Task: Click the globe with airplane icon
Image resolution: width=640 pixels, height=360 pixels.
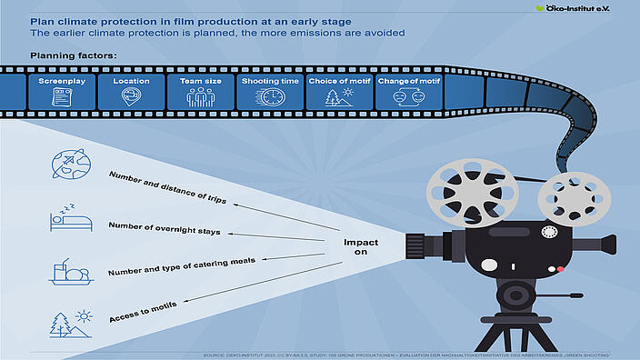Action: [71, 164]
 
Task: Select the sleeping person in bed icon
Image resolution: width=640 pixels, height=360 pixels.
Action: [69, 218]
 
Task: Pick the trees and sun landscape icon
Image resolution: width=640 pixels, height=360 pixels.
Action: [70, 324]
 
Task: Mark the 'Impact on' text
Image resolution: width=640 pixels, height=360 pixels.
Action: [361, 249]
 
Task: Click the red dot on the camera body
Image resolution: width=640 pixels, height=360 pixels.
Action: [561, 270]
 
